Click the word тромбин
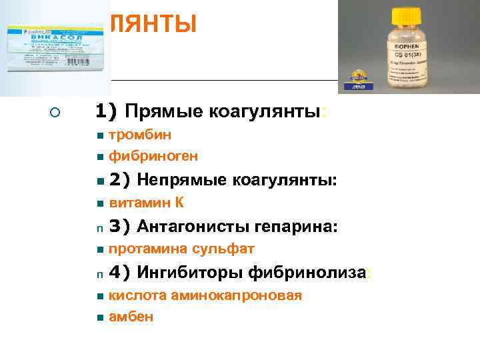[140, 135]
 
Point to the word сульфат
[223, 249]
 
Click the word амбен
[131, 317]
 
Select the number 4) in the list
[118, 272]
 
